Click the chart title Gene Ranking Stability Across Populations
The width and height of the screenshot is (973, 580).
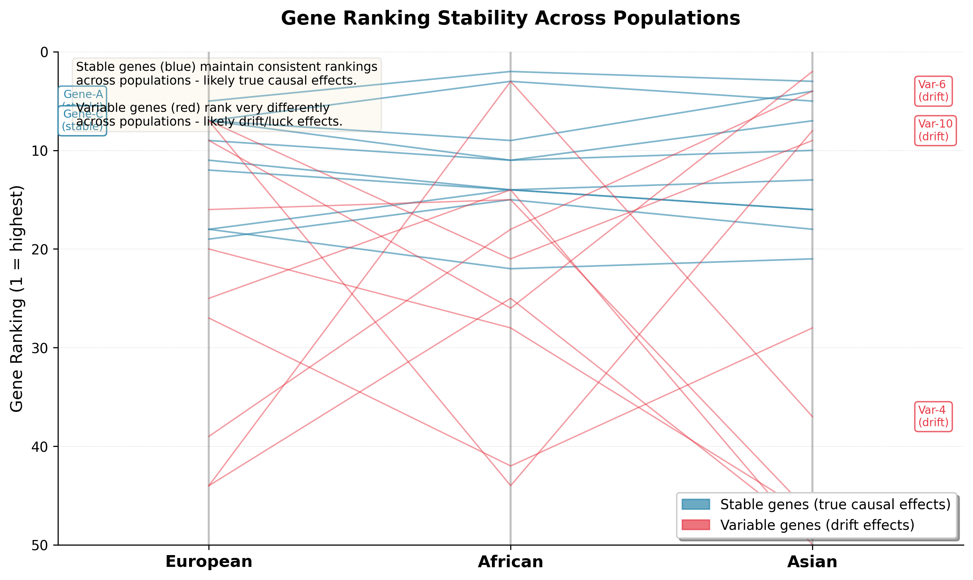pos(510,18)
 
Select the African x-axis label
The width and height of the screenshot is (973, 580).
pos(510,562)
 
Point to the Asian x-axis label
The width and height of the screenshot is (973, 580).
pos(812,562)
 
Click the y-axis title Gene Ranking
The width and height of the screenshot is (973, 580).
pos(17,299)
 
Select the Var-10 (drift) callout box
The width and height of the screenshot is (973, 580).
pos(935,130)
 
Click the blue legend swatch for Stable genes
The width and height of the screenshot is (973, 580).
pos(696,504)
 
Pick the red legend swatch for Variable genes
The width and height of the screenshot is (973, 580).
pos(696,525)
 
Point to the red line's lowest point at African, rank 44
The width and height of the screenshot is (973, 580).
pos(510,486)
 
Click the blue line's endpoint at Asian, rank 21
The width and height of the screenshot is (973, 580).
pos(812,259)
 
